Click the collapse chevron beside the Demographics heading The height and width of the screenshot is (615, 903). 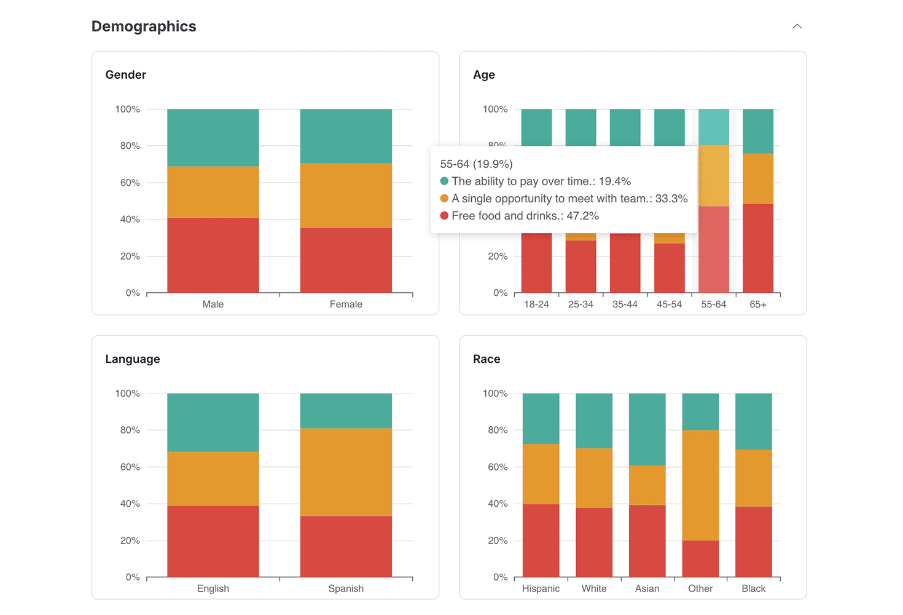tap(797, 26)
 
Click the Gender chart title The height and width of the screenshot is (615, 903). tap(125, 74)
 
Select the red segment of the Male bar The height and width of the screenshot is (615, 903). tap(213, 255)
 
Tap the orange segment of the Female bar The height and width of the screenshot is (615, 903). tap(346, 196)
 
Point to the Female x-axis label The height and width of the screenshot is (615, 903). tap(346, 304)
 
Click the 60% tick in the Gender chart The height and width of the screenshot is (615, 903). tap(130, 183)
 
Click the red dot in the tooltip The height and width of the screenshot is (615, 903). tap(444, 216)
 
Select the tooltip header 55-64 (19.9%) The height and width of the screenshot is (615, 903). tap(476, 164)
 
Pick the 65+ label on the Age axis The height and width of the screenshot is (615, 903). tap(758, 304)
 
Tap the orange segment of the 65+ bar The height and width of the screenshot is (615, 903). tap(758, 178)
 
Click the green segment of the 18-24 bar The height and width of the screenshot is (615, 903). tap(536, 127)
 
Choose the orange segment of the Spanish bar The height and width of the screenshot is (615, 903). tap(346, 472)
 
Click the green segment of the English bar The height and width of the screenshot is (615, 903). tap(213, 423)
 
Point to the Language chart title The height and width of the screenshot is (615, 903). tap(132, 359)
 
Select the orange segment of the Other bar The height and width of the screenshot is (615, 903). tap(700, 485)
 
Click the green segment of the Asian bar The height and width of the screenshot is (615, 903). tap(647, 429)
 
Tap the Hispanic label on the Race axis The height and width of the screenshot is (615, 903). tap(541, 589)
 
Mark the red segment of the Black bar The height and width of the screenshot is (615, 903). tap(753, 541)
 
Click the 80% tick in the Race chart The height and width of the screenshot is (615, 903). tap(498, 430)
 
